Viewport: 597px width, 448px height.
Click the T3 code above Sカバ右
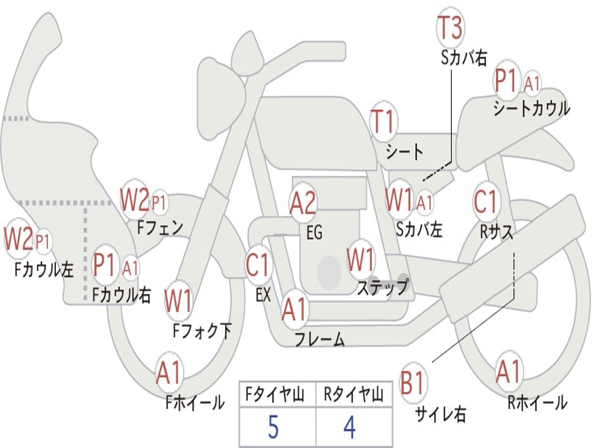(450, 29)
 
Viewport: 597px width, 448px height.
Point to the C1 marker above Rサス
(486, 202)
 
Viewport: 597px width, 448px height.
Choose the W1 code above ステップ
(361, 260)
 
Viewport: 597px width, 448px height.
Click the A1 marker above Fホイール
(169, 373)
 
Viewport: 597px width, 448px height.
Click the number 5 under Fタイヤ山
(273, 428)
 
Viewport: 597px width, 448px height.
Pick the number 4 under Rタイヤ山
(349, 428)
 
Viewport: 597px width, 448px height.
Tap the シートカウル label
(531, 108)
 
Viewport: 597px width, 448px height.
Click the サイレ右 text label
(440, 415)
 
